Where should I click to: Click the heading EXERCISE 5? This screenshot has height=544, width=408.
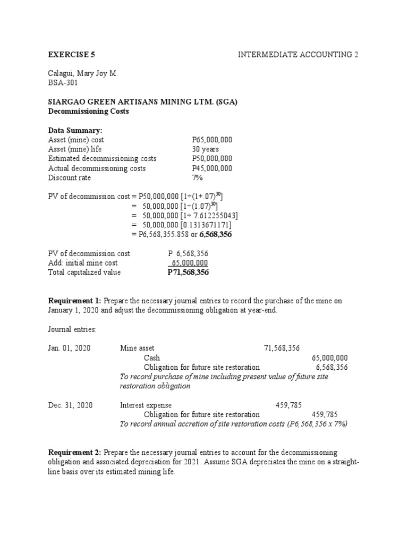click(x=72, y=55)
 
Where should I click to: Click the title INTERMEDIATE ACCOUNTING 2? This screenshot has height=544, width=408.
click(x=297, y=55)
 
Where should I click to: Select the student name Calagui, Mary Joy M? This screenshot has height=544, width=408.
click(x=82, y=74)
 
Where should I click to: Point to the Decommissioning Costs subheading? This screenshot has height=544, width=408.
click(x=88, y=112)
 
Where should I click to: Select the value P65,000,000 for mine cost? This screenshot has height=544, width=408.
click(x=212, y=140)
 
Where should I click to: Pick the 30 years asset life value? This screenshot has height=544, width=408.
click(x=206, y=149)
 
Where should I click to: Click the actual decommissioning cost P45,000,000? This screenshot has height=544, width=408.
click(x=212, y=168)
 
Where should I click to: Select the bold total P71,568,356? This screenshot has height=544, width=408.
click(x=188, y=273)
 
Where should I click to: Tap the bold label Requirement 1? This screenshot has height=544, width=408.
click(x=75, y=301)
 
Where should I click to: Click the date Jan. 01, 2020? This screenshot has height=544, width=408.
click(x=69, y=348)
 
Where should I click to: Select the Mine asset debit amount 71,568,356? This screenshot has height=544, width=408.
click(x=282, y=348)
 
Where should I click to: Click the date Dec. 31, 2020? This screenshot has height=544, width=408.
click(x=70, y=405)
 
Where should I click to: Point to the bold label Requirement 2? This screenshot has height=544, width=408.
click(x=75, y=452)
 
